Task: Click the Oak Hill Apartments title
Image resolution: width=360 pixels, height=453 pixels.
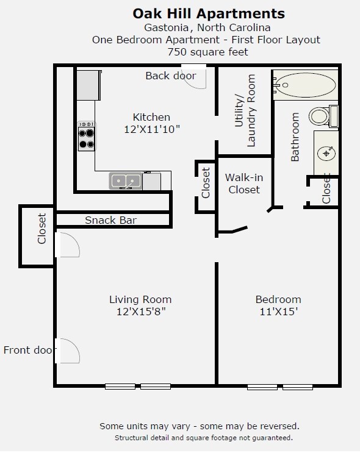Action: tap(208, 13)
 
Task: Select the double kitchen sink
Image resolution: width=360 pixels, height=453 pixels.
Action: tap(126, 181)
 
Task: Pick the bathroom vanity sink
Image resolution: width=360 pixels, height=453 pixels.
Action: tap(327, 152)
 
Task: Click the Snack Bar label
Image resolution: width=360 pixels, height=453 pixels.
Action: tap(110, 220)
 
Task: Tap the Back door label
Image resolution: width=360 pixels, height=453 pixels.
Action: tap(170, 76)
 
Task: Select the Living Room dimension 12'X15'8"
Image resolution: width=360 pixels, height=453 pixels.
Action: tap(140, 312)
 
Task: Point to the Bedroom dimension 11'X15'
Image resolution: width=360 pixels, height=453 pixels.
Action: tap(278, 312)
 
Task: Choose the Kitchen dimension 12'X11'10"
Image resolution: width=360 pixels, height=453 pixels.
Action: tap(151, 129)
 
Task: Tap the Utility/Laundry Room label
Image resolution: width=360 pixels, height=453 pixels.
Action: tap(245, 110)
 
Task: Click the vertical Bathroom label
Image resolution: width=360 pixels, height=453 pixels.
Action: tap(295, 137)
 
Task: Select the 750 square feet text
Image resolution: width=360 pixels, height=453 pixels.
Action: tap(208, 52)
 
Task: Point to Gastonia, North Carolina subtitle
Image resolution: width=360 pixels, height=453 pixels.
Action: tap(207, 27)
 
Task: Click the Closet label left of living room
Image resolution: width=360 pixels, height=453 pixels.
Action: tap(41, 229)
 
